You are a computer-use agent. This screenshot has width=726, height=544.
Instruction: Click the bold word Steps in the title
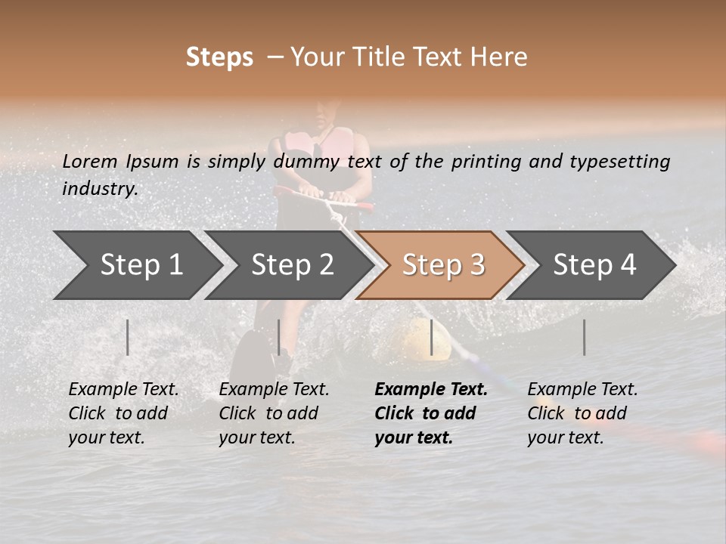pos(219,57)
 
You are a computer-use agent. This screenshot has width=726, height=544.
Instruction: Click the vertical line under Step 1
pos(128,337)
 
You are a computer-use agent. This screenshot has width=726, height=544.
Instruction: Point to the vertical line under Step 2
pos(279,337)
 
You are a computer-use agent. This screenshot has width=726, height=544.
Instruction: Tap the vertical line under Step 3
pos(431,337)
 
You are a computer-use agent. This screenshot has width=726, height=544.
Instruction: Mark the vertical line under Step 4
pos(584,337)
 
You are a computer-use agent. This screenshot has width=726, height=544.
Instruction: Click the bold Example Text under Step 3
pos(431,390)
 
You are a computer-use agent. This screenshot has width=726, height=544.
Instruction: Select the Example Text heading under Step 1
pos(123,390)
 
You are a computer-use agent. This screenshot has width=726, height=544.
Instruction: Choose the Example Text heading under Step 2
pos(274,390)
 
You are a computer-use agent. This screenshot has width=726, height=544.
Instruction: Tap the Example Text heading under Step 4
pos(582,390)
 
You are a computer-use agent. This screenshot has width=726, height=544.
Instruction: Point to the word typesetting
pos(619,162)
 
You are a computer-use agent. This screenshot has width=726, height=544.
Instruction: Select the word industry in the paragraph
pos(99,188)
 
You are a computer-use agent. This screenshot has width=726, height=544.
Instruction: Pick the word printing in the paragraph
pos(488,162)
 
